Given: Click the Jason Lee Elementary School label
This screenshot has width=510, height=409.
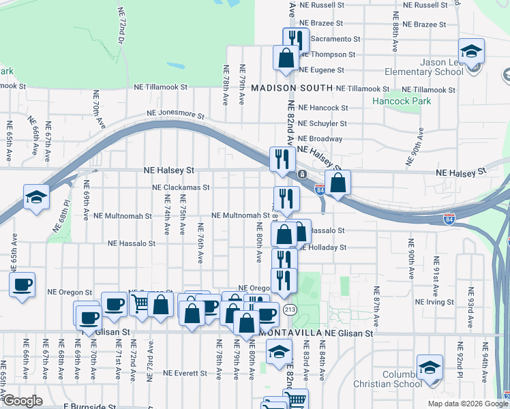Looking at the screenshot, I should coord(423,67).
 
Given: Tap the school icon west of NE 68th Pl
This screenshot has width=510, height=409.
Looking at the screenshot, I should coord(36,197).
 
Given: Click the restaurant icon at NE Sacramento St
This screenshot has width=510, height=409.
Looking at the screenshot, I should coord(296,39).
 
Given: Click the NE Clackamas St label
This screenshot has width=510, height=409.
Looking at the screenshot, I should coord(181,187).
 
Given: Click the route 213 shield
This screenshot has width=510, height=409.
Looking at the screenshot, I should coord(290,310).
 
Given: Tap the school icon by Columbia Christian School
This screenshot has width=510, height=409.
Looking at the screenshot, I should coord(430,367).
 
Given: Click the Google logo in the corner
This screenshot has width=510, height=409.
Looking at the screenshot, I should coord(22,401).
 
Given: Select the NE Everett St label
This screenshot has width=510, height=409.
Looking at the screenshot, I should coord(185,374).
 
